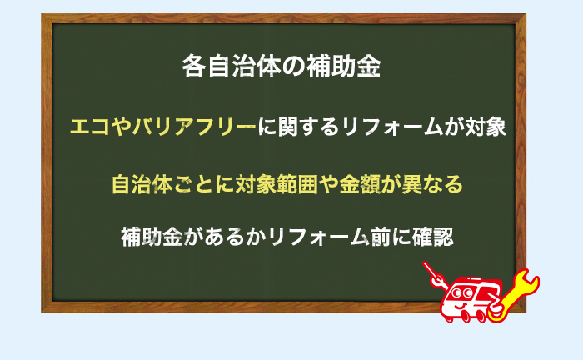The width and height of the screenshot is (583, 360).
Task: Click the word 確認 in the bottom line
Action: [433, 237]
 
